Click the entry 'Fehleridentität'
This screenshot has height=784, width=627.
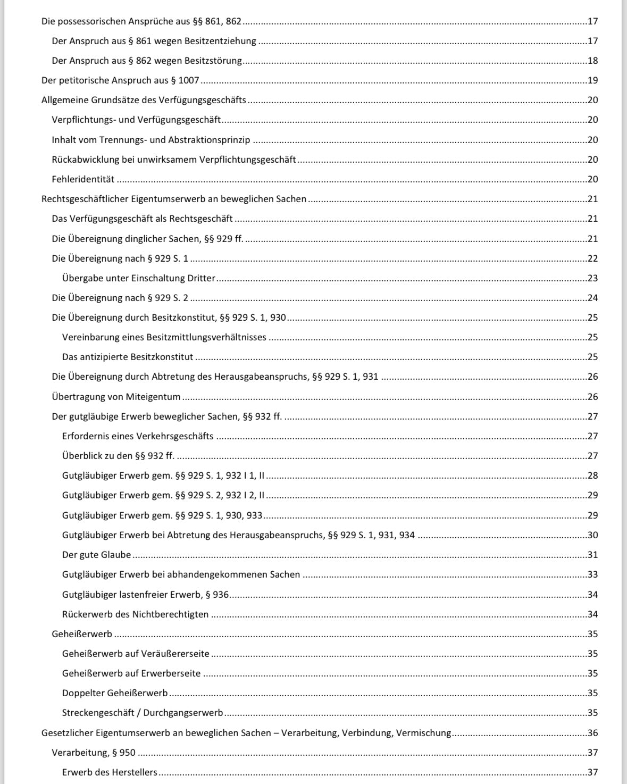[83, 179]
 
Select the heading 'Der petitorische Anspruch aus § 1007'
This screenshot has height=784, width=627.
[120, 80]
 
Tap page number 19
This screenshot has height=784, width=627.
[592, 80]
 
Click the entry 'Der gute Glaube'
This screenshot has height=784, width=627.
[96, 555]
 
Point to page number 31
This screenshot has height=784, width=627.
[592, 555]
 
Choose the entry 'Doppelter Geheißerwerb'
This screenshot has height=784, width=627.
[115, 693]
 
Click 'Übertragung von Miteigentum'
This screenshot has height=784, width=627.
[116, 397]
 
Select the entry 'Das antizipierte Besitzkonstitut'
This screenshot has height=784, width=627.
[128, 357]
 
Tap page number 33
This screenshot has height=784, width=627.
[592, 574]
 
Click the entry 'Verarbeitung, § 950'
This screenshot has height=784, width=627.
[94, 753]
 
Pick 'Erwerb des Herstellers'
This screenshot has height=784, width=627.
[110, 772]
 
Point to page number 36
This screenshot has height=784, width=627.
[592, 733]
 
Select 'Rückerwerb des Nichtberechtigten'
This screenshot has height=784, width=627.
[135, 614]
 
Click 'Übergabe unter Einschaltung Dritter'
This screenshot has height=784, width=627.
[139, 278]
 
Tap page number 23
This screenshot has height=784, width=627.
[592, 278]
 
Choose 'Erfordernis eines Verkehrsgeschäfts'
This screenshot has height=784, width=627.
[138, 436]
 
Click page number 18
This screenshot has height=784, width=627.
[592, 61]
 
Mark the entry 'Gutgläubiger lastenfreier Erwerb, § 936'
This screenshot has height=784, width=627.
[145, 595]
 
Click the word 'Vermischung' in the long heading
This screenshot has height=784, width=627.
[424, 733]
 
